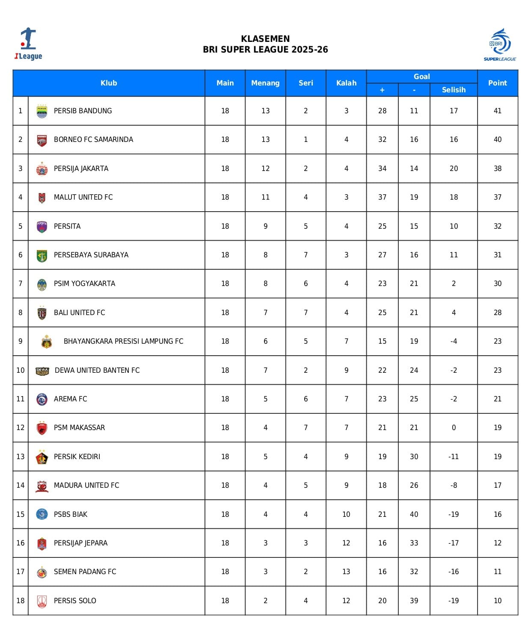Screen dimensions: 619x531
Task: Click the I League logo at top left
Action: tap(28, 44)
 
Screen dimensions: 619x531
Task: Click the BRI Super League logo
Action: tap(500, 44)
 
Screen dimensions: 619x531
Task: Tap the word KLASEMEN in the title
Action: tap(265, 38)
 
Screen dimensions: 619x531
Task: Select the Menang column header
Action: tap(265, 83)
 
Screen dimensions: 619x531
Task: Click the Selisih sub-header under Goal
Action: tap(454, 90)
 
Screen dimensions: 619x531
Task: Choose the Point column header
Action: tap(497, 83)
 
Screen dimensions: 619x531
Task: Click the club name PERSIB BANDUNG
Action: tap(83, 111)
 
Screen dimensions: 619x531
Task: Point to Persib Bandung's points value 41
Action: tap(497, 111)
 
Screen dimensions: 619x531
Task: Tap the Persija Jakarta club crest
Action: tap(42, 169)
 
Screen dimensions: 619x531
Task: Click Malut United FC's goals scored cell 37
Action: tap(382, 197)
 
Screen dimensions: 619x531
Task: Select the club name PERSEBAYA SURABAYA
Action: tap(91, 255)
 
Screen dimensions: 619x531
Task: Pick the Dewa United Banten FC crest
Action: tap(42, 371)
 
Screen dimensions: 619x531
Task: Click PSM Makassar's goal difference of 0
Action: tap(454, 427)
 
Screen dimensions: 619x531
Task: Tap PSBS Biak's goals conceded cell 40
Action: tap(414, 514)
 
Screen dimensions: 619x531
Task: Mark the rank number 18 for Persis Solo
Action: tap(21, 601)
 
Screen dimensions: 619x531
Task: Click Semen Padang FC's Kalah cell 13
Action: tap(346, 572)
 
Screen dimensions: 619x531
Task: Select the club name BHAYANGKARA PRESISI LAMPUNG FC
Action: tap(123, 341)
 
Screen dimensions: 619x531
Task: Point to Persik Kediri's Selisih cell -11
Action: tap(454, 457)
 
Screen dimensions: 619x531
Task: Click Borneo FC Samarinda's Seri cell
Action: tap(306, 139)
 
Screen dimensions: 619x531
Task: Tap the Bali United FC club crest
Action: tap(42, 313)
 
